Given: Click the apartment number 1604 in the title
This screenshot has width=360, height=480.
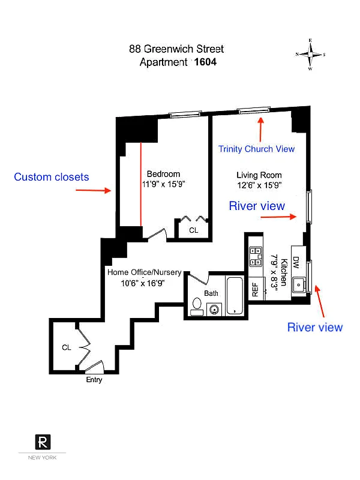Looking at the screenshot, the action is click(x=205, y=61).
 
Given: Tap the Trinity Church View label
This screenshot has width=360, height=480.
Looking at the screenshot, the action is click(x=256, y=149).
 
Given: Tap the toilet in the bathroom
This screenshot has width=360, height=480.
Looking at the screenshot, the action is click(x=196, y=307).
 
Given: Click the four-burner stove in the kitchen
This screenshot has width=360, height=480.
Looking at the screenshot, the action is click(x=256, y=257).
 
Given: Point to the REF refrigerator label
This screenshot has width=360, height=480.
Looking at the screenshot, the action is click(x=255, y=291).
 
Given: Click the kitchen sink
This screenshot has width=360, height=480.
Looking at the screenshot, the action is click(x=297, y=284).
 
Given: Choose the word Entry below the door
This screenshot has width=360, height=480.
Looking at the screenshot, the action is click(x=94, y=380).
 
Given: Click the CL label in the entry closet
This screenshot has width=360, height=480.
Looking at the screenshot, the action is click(x=67, y=347).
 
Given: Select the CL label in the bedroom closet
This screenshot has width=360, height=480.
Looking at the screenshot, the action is click(x=193, y=230).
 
